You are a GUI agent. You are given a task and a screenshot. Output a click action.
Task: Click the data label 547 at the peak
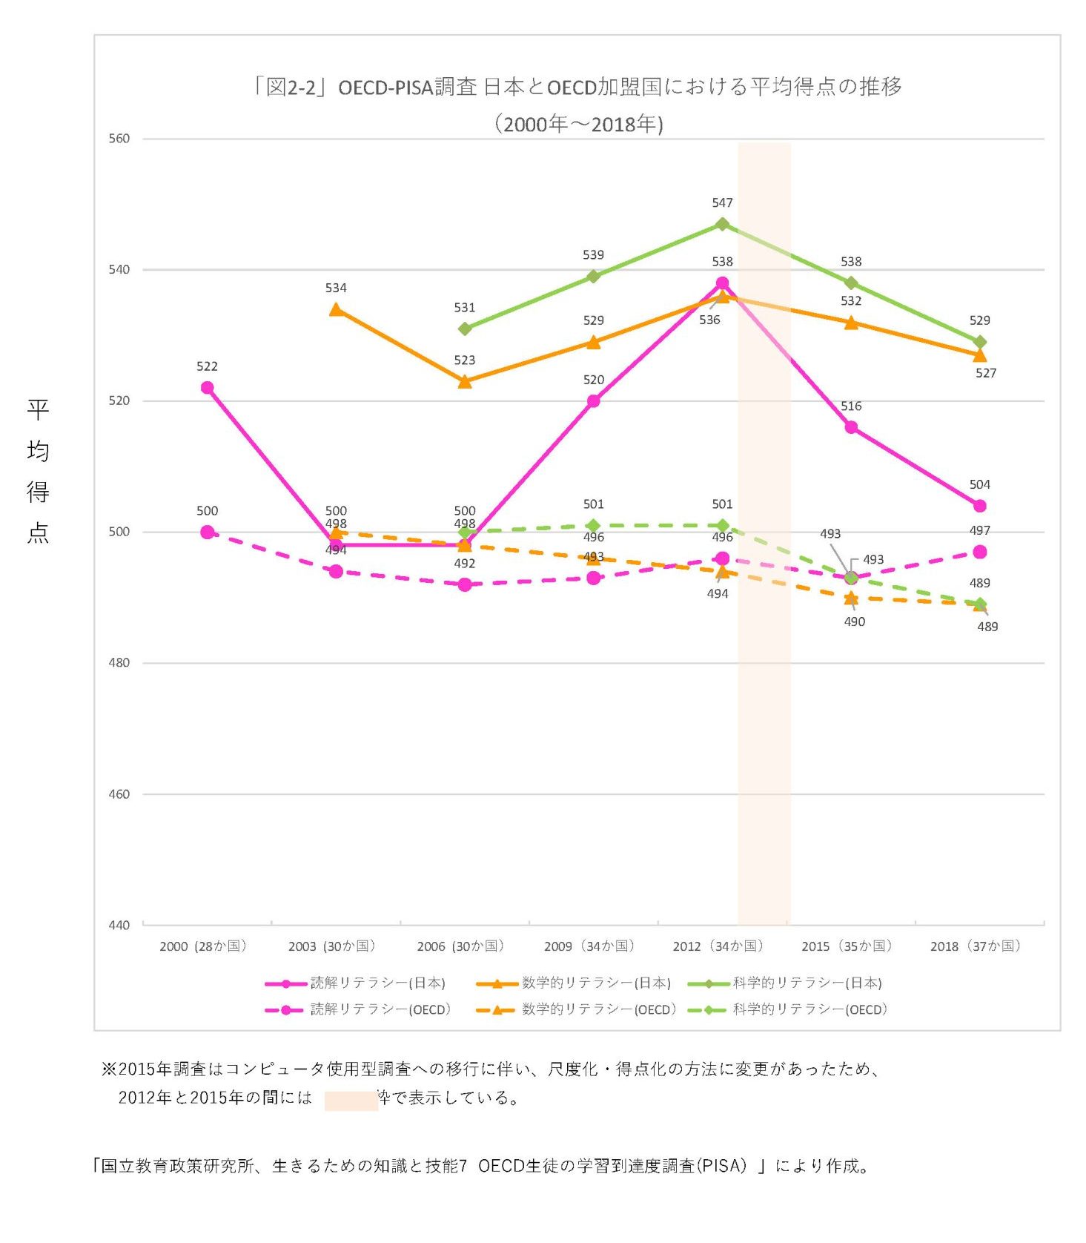pyautogui.click(x=722, y=202)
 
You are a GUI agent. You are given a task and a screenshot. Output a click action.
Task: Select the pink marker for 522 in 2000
pyautogui.click(x=208, y=388)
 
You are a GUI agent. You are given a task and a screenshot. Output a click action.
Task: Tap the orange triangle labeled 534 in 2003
pyautogui.click(x=336, y=309)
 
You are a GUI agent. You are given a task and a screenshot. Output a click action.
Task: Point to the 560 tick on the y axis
pyautogui.click(x=119, y=139)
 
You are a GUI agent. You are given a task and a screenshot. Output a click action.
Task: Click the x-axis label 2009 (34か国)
pyautogui.click(x=589, y=946)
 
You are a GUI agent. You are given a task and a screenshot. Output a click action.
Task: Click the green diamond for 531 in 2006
pyautogui.click(x=465, y=329)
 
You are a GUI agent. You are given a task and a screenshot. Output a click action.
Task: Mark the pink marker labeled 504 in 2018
pyautogui.click(x=979, y=506)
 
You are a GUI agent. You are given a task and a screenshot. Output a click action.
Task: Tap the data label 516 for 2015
pyautogui.click(x=851, y=406)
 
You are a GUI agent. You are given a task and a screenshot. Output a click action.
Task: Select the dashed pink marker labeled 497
pyautogui.click(x=979, y=552)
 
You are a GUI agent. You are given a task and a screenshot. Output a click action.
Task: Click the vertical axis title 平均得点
pyautogui.click(x=38, y=470)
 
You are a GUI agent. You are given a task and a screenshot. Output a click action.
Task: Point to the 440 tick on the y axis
pyautogui.click(x=119, y=925)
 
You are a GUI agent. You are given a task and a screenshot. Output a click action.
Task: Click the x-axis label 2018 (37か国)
pyautogui.click(x=976, y=946)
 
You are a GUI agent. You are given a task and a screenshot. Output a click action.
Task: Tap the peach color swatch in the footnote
pyautogui.click(x=351, y=1100)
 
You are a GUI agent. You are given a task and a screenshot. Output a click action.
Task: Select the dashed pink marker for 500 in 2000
pyautogui.click(x=208, y=533)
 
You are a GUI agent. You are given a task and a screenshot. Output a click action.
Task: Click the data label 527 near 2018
pyautogui.click(x=985, y=373)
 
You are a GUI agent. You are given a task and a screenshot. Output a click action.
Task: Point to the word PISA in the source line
pyautogui.click(x=721, y=1167)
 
